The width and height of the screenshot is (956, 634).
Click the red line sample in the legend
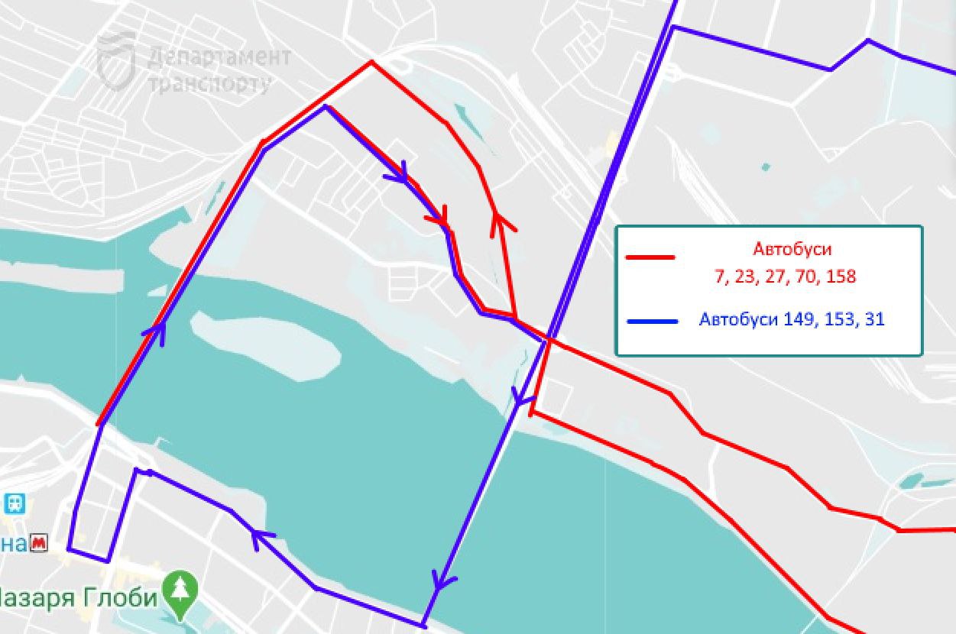pos(650,257)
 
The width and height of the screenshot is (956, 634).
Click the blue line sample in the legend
pos(652,322)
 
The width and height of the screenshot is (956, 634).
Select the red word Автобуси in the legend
pos(792,250)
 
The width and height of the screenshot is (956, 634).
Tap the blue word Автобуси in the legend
pos(737,319)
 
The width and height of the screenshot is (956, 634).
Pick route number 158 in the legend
pos(841,277)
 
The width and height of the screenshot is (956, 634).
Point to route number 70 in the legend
pos(805,277)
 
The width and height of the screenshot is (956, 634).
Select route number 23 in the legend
pos(745,277)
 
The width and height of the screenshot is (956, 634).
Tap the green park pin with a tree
pos(182,591)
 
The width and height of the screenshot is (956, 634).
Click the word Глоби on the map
pos(125,597)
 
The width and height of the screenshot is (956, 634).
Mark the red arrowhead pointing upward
pos(500,221)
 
